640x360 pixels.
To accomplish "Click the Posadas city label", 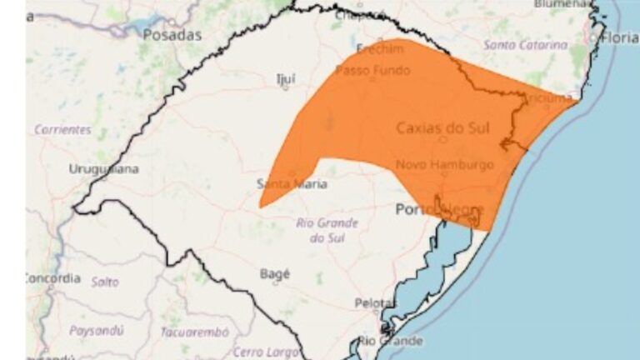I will coord(172,35).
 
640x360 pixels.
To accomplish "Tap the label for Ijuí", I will coord(286,79).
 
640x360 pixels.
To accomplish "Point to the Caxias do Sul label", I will coord(442,127).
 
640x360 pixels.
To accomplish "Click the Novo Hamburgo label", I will coord(444,165).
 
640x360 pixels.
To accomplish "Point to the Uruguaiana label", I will coord(104,169).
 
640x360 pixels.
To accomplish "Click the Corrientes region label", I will coord(62,130).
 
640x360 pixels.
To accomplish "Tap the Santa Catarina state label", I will coord(526,44).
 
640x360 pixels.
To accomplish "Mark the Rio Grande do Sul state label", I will coord(327,230).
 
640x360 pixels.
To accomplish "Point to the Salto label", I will coord(105,282).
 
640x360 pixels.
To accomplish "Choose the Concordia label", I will coord(53,277).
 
